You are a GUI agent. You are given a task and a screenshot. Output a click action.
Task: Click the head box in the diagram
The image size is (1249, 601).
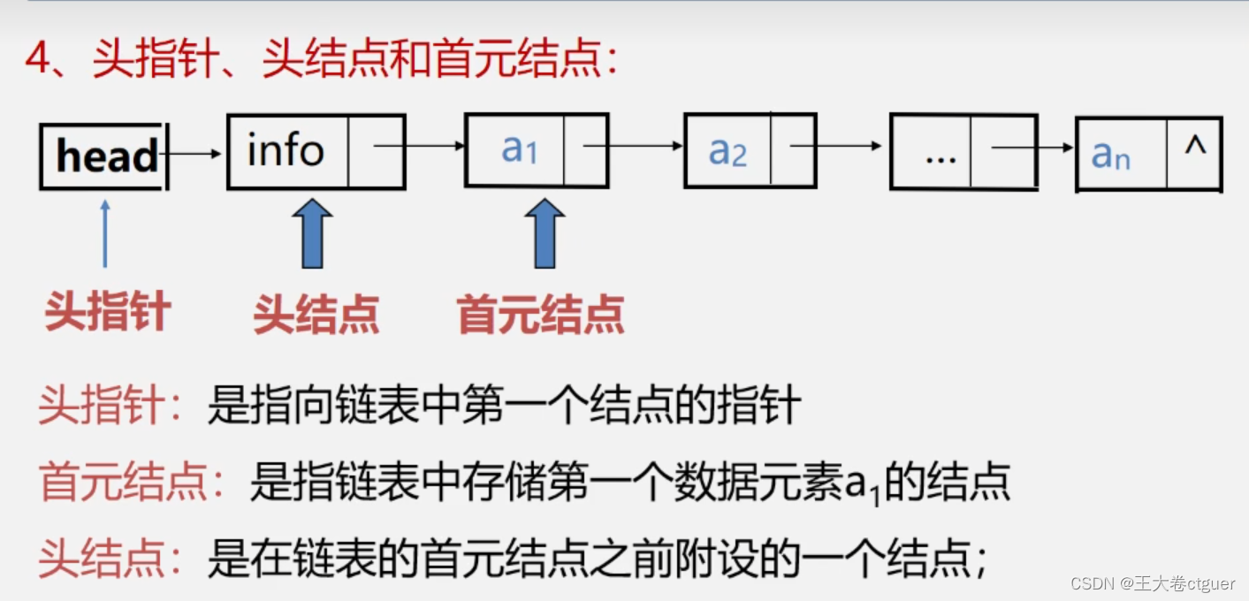pos(104,156)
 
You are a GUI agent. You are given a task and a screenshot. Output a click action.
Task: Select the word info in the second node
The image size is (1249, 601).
pos(286,151)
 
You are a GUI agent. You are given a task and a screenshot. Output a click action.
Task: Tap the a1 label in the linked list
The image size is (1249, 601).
pos(519,150)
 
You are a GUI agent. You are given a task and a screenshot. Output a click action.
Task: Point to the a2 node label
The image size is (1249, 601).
pos(727,152)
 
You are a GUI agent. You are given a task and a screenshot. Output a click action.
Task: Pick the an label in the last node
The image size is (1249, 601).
pos(1110,156)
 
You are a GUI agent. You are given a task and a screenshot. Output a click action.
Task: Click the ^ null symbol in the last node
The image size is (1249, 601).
pos(1195,147)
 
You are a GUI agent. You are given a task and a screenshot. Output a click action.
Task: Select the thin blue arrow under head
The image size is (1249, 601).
pos(105,233)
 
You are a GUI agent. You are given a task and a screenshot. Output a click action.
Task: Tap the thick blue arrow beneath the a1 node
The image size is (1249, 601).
pos(545,233)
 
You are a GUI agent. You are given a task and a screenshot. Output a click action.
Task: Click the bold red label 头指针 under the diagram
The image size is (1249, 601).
pos(107,312)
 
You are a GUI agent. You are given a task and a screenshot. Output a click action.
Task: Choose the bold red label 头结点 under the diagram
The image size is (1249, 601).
pos(316,314)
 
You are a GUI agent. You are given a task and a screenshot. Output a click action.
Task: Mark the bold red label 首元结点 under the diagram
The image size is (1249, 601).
pos(540,314)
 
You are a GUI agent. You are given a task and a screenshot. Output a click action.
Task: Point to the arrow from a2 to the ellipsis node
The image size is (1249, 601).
pos(835,145)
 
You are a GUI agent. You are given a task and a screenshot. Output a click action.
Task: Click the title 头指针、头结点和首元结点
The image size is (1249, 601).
pos(322,60)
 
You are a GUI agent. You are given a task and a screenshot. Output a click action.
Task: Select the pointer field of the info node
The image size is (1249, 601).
pos(376,151)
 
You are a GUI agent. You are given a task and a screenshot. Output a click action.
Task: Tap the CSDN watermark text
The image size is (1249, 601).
pos(1152,583)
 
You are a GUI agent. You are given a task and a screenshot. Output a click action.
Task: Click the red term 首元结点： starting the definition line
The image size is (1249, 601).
pos(133,483)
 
